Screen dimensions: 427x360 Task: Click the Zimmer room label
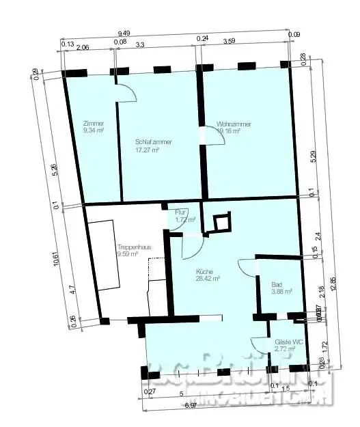pos(94,124)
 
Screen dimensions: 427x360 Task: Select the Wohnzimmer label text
pos(234,124)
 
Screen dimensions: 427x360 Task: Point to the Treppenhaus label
pos(130,247)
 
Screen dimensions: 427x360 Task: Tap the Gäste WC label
pos(284,342)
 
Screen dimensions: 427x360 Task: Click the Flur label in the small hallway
pos(182,213)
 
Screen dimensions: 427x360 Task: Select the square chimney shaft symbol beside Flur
pos(221,222)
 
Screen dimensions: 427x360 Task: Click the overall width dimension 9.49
pos(124,33)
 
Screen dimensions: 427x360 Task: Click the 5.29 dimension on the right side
pos(313,156)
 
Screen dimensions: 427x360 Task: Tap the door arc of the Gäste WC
pos(260,347)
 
